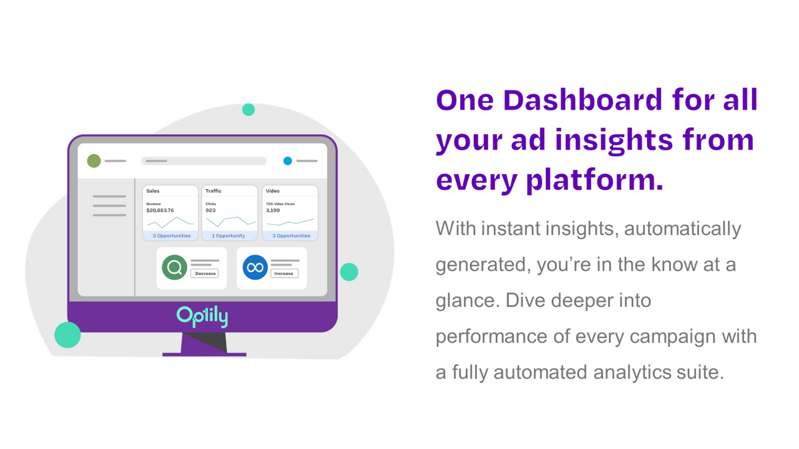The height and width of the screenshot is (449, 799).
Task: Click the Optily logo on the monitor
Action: [x=202, y=316]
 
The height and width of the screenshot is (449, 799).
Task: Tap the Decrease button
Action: [x=205, y=273]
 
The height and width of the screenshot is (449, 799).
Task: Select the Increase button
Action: [x=284, y=273]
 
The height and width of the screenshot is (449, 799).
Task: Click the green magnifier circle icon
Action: [x=175, y=268]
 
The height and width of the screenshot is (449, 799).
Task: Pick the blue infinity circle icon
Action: [x=255, y=268]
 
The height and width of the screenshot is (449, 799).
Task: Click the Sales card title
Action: [x=153, y=191]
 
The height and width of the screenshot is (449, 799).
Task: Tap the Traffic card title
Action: [x=213, y=191]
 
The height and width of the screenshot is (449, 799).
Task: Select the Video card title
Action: [x=273, y=191]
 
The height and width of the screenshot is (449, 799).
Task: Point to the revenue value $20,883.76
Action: [x=160, y=210]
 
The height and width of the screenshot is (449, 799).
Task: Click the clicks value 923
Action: [x=210, y=210]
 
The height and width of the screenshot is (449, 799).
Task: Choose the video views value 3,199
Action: [x=273, y=210]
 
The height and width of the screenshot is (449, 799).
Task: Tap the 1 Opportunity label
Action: [x=228, y=236]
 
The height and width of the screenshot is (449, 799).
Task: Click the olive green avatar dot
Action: [x=94, y=161]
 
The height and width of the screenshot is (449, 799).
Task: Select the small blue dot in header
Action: [x=288, y=161]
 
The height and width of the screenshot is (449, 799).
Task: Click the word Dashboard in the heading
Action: [x=582, y=100]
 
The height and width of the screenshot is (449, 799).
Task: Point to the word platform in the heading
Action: [x=594, y=180]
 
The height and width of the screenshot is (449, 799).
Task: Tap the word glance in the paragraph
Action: [x=465, y=301]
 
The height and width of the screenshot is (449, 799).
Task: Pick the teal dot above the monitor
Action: [x=248, y=110]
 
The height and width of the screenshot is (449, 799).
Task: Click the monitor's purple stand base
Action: [x=204, y=354]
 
